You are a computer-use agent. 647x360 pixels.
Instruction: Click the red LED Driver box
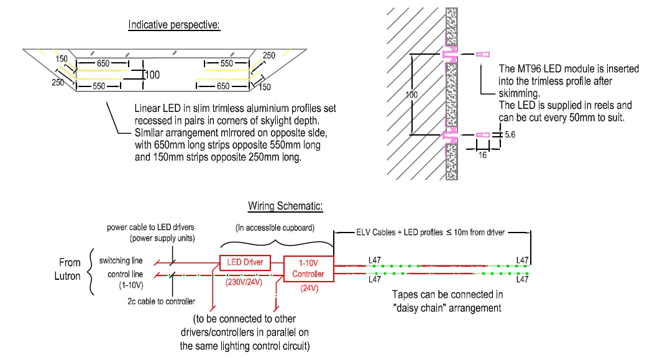click(244, 262)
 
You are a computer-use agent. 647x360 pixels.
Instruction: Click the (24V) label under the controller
click(309, 288)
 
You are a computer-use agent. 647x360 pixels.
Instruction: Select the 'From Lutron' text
click(70, 268)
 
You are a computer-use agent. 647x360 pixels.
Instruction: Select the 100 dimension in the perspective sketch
click(152, 75)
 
